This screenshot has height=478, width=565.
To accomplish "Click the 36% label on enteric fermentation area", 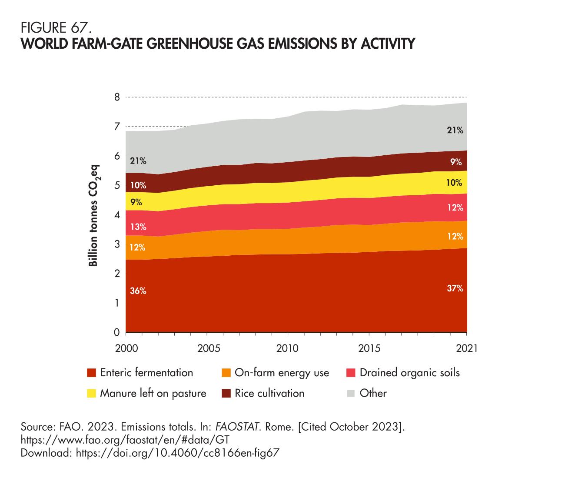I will tap(138, 291).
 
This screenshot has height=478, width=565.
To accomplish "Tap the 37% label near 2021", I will tap(455, 288).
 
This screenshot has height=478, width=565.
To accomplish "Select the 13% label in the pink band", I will tap(138, 227).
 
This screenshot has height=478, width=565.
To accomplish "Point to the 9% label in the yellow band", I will tap(136, 202).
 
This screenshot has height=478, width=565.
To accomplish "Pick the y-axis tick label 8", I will tap(116, 97).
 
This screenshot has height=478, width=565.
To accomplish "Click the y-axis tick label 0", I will tap(116, 333).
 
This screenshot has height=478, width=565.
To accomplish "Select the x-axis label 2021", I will tap(466, 348).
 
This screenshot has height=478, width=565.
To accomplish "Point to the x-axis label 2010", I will tap(288, 348).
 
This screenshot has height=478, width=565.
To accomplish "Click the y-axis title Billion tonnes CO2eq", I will tap(94, 216).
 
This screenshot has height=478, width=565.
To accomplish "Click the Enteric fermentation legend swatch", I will tap(91, 373).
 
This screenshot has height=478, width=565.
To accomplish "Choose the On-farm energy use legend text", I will tap(282, 373).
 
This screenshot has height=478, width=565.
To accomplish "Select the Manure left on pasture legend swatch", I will tap(91, 394).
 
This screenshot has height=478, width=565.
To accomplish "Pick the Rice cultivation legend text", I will tap(269, 394).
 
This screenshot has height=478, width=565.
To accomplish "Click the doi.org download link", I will tap(177, 453).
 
